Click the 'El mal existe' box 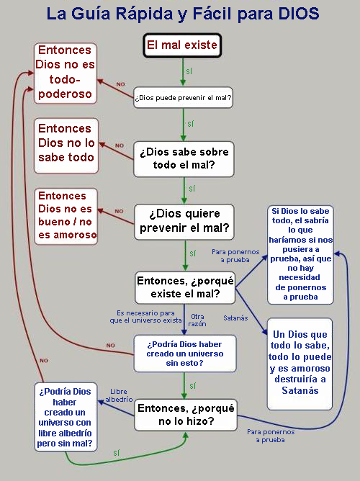pyautogui.click(x=182, y=45)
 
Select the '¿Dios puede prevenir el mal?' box pyautogui.click(x=183, y=97)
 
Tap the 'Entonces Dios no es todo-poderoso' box pyautogui.click(x=66, y=73)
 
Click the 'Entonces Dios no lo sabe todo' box pyautogui.click(x=66, y=145)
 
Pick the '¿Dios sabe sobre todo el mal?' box pyautogui.click(x=184, y=159)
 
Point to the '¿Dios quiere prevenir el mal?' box pyautogui.click(x=184, y=222)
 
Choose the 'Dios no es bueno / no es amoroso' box pyautogui.click(x=66, y=216)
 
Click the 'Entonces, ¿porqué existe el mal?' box pyautogui.click(x=185, y=287)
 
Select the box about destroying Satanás pyautogui.click(x=300, y=364)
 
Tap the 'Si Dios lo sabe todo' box pyautogui.click(x=300, y=255)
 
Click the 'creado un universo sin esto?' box pyautogui.click(x=184, y=354)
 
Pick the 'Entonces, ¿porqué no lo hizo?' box pyautogui.click(x=186, y=415)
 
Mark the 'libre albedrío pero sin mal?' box pyautogui.click(x=66, y=417)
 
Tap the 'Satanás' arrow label pyautogui.click(x=235, y=318)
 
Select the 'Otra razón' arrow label pyautogui.click(x=197, y=320)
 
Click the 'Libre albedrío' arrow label pyautogui.click(x=119, y=395)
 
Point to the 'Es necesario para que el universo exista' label pyautogui.click(x=145, y=317)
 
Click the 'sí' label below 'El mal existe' pyautogui.click(x=189, y=71)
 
